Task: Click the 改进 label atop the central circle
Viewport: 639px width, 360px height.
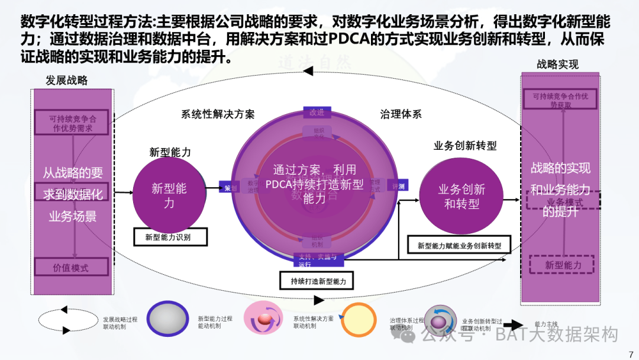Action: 317,112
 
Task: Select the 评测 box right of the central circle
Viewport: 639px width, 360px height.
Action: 398,186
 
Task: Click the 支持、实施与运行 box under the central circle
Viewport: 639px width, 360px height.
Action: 317,260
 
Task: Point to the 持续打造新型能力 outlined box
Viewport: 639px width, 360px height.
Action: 318,281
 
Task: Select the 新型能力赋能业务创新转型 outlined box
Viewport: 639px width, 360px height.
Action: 459,245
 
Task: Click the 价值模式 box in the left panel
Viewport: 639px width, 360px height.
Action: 71,267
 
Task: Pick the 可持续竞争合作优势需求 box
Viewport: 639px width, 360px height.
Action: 72,123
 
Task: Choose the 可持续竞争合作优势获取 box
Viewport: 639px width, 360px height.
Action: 560,100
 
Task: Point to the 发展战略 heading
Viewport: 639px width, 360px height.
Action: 67,80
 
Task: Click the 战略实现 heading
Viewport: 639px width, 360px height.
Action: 557,65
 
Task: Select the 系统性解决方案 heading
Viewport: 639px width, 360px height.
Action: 218,114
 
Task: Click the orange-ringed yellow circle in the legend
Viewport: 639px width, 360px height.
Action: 359,320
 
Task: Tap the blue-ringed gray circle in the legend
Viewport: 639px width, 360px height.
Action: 169,320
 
